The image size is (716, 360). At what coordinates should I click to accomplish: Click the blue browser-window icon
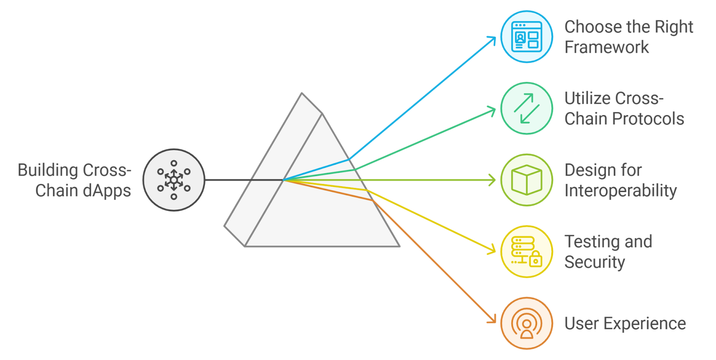point(527,37)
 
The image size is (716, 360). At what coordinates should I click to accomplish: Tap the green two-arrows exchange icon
point(527,108)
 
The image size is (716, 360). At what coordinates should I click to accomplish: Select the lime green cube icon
point(527,180)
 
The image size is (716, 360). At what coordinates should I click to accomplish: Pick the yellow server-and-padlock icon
point(527,252)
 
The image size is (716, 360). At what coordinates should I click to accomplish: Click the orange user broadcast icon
point(527,323)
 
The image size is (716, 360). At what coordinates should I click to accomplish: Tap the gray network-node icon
point(174,180)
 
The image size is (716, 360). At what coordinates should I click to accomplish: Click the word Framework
point(606,47)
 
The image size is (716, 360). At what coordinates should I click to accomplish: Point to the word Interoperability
point(621,191)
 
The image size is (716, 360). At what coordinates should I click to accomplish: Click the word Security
point(594,262)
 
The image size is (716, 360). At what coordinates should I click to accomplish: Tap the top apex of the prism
point(302,94)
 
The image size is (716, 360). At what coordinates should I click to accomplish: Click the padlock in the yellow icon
point(535,260)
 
